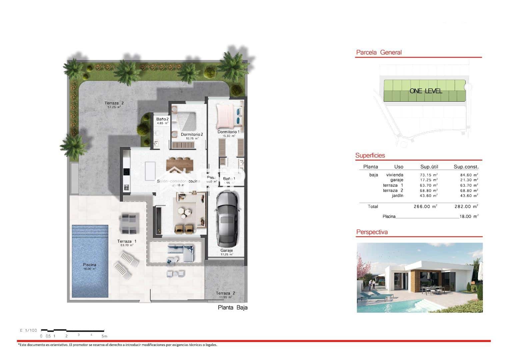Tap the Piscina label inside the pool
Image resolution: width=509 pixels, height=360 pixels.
pos(89,265)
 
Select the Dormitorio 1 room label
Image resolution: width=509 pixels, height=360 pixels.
pos(229,132)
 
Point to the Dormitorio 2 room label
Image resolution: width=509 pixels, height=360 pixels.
pos(192,135)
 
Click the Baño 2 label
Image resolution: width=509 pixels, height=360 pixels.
pos(162,119)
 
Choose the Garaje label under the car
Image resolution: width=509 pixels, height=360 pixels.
pos(226,250)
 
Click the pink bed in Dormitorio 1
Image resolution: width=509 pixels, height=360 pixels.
pos(226,116)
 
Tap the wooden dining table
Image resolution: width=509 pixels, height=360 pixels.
pos(180,165)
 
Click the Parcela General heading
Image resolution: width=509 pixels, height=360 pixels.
pos(379,52)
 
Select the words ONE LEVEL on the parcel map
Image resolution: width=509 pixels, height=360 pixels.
pos(426,91)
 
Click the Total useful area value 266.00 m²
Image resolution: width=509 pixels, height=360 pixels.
pos(425,207)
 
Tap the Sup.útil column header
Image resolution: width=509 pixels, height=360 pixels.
pos(429,167)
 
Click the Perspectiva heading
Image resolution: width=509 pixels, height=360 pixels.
pos(372,232)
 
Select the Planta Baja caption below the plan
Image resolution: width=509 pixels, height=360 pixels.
pos(233,308)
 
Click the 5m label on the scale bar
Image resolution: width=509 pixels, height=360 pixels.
pos(104,336)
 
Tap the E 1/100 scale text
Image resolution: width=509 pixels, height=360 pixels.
pos(28,330)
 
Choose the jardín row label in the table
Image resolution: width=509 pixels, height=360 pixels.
pos(397,196)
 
